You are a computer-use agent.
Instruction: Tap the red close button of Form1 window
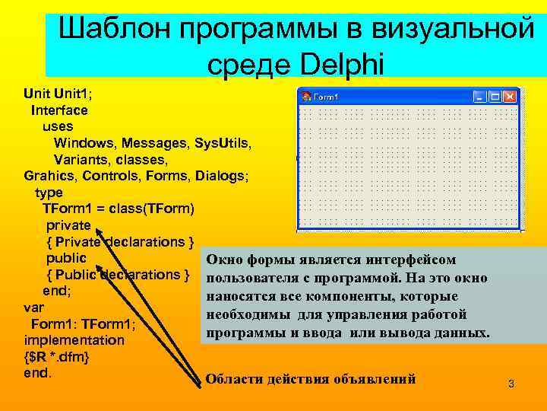coord(510,97)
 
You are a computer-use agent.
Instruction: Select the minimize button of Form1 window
coord(479,97)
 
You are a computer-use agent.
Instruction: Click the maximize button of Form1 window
coord(495,97)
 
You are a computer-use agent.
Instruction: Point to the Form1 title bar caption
coord(326,97)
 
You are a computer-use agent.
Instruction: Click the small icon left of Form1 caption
coord(307,97)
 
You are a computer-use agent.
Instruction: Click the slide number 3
coord(511,384)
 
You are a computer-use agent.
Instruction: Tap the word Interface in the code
coord(59,110)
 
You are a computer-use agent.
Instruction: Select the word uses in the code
coord(58,126)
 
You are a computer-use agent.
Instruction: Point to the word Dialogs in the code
coord(221,176)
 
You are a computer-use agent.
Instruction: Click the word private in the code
coord(68,225)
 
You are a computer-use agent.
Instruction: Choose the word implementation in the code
coord(74,340)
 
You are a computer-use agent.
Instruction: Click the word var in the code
coord(34,307)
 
